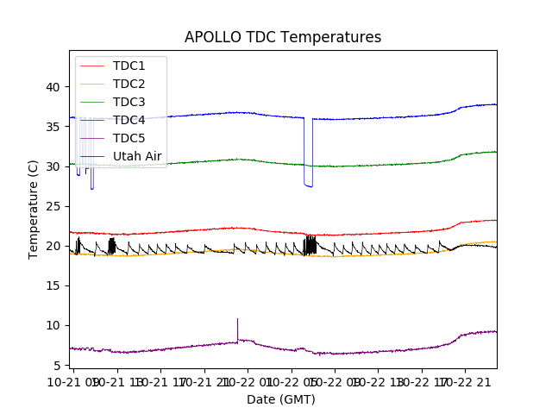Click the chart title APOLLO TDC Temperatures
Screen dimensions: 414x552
(283, 37)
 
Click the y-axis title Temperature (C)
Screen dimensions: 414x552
(34, 208)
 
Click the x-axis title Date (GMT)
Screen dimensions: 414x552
(281, 399)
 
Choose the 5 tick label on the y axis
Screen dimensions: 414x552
(56, 365)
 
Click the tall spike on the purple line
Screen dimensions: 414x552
(237, 321)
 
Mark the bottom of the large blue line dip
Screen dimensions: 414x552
(308, 185)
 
